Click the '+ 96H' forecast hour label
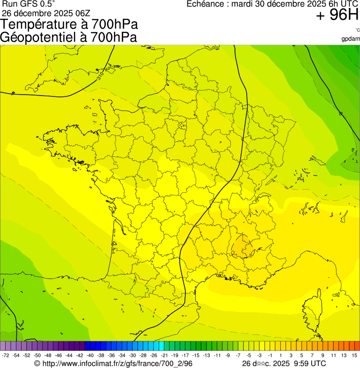337,15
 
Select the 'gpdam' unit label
351,38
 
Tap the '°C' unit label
357,30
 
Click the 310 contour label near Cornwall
101,74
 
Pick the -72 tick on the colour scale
6,355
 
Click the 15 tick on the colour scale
355,355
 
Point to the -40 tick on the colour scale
90,355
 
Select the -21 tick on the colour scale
164,355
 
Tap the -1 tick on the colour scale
270,355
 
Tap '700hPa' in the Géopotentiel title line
115,37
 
